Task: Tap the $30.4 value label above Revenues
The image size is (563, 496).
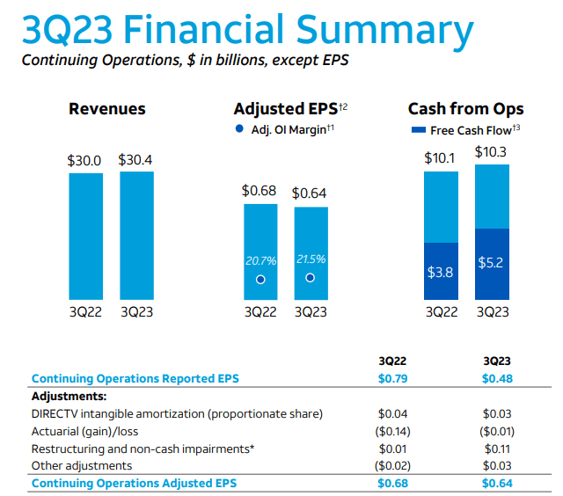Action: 136,160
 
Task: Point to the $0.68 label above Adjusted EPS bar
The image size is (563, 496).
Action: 260,191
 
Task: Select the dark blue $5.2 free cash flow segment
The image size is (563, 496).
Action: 492,263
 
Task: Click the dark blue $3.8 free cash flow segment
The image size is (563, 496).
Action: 441,270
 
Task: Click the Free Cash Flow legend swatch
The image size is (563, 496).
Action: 419,130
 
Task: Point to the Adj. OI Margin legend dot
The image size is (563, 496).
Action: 239,129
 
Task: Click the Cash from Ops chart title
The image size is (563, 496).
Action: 465,109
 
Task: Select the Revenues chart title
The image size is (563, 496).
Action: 107,109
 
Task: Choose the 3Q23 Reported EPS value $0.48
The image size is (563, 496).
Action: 499,379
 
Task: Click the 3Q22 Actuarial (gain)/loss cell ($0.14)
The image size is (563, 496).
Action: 391,431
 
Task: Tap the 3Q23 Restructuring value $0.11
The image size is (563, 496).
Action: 499,449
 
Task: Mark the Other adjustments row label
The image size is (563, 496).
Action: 82,465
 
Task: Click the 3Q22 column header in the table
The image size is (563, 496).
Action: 391,361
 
